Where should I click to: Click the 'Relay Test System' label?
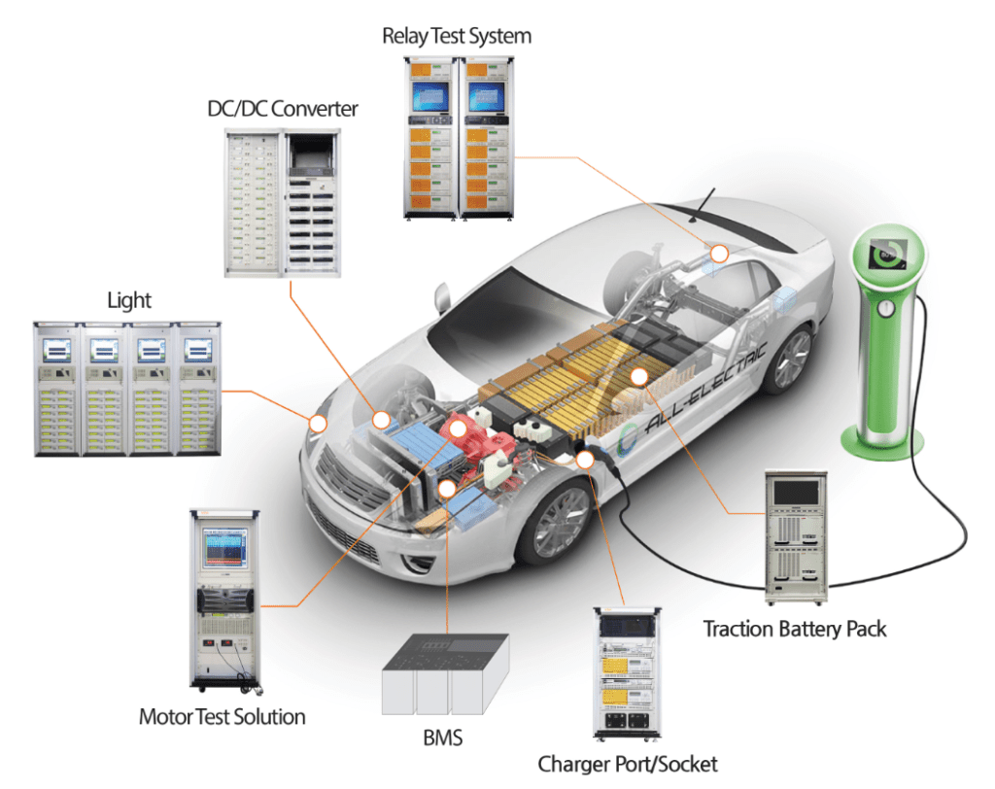[457, 37]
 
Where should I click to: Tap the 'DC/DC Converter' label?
[283, 109]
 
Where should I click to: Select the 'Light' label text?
[129, 299]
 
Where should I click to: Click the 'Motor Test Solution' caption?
[223, 718]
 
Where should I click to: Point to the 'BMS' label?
[442, 739]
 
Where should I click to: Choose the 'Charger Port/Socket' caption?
[628, 763]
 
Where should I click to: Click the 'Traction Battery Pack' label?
[795, 629]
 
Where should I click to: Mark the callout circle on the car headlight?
[317, 424]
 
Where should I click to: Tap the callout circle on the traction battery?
[638, 376]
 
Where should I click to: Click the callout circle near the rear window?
[719, 254]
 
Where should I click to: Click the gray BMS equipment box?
[444, 680]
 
